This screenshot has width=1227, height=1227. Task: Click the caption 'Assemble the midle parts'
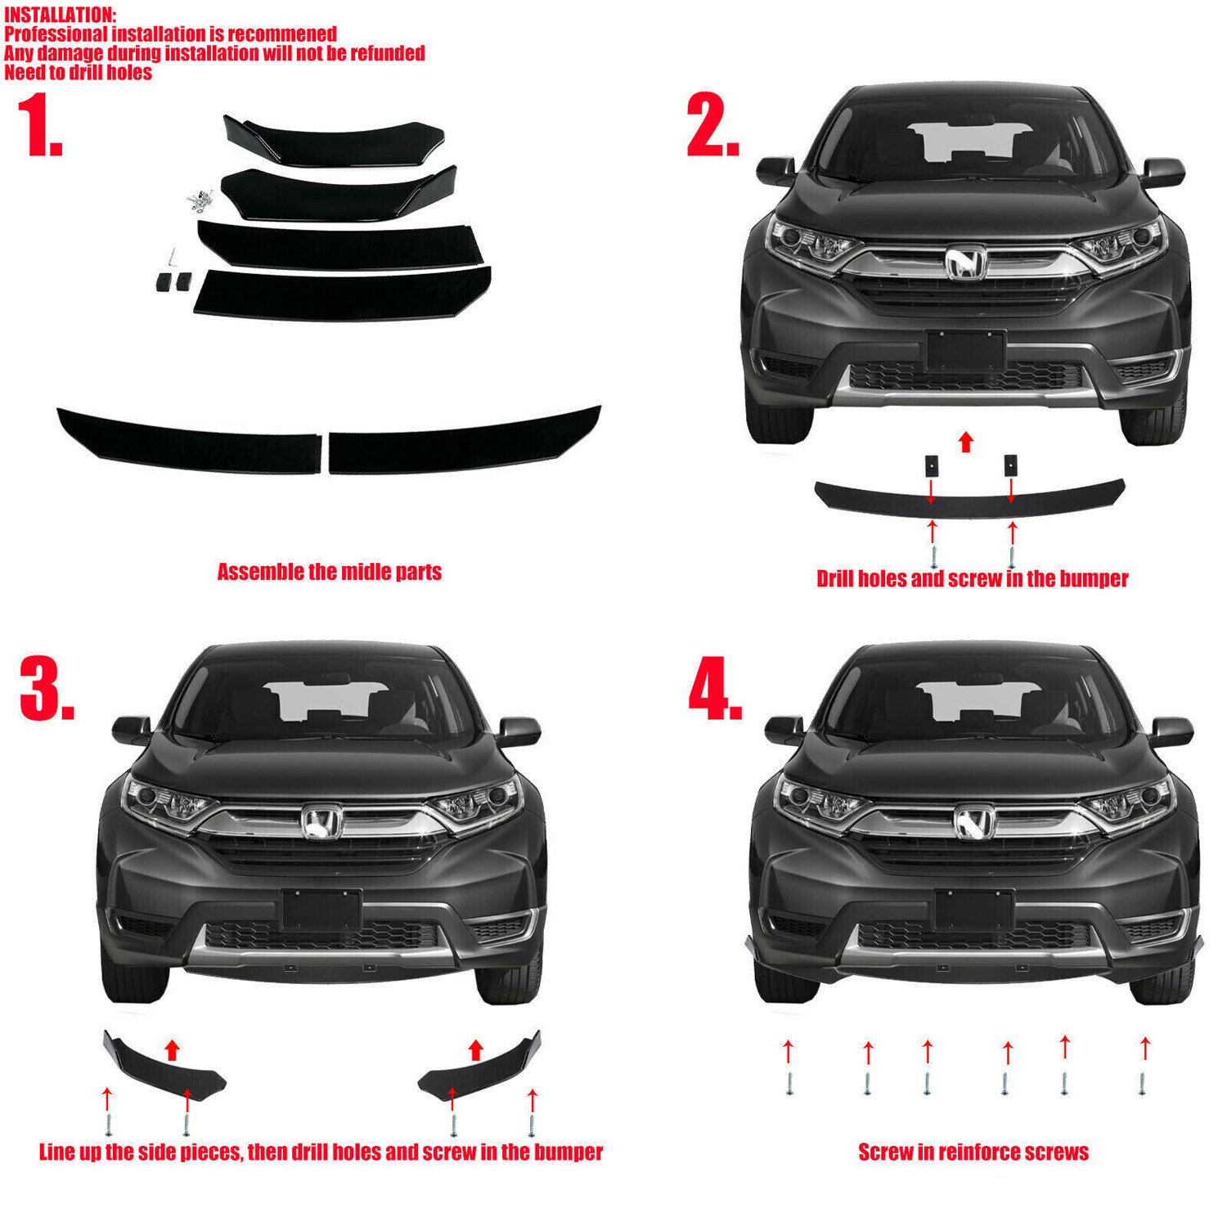pyautogui.click(x=329, y=572)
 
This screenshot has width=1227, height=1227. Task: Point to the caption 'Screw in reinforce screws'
pyautogui.click(x=973, y=1153)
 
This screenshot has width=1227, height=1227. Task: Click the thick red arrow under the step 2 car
pyautogui.click(x=966, y=443)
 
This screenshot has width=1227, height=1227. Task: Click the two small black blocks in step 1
pyautogui.click(x=173, y=281)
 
